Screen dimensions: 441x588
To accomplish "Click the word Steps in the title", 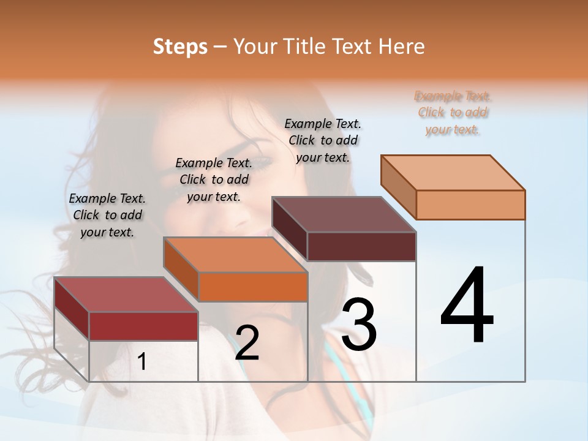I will point(180,47).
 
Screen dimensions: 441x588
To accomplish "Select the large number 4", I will point(467,306).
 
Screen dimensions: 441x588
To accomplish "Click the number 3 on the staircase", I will point(359,325).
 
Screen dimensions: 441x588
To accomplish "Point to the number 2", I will point(247,344).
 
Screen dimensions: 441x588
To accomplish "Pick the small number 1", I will point(142,362).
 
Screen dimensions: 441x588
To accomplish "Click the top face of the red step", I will point(126,295).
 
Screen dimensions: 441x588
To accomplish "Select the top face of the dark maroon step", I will point(344,214).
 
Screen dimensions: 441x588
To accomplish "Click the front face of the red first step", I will point(143,326).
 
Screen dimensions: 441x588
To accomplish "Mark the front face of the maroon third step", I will point(361,246).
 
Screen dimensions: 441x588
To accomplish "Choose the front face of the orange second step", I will point(252,287).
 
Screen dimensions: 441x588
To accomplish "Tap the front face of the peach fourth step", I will point(470,205).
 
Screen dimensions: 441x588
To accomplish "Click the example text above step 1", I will point(107,215).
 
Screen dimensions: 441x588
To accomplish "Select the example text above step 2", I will point(214,179).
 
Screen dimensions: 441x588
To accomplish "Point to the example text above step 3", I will point(323,140).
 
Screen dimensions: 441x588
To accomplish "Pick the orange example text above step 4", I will point(453,113).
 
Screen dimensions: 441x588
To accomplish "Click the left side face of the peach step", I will point(398,187).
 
